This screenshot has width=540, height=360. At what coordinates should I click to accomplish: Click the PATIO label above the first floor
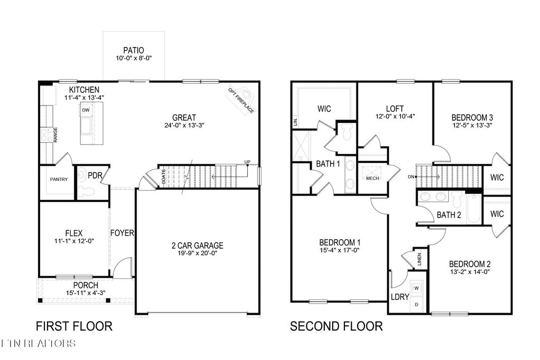pyautogui.click(x=133, y=50)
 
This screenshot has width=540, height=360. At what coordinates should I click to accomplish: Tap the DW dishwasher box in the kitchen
pyautogui.click(x=85, y=110)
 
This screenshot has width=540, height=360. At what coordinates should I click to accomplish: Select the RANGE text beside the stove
pyautogui.click(x=55, y=135)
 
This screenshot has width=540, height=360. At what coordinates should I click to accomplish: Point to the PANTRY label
pyautogui.click(x=59, y=179)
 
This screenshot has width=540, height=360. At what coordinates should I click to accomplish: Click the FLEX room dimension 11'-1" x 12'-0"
pyautogui.click(x=74, y=241)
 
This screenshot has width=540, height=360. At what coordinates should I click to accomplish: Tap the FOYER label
pyautogui.click(x=122, y=232)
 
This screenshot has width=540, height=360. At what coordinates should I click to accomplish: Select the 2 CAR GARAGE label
pyautogui.click(x=198, y=245)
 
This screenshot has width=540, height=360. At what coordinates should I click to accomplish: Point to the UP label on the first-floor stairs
pyautogui.click(x=247, y=161)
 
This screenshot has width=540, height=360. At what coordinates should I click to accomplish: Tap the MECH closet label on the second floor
pyautogui.click(x=372, y=178)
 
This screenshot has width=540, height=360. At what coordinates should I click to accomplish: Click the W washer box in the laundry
pyautogui.click(x=416, y=288)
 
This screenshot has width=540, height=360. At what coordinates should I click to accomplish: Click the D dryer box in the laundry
pyautogui.click(x=416, y=305)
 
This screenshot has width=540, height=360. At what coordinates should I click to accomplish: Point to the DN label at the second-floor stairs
pyautogui.click(x=411, y=177)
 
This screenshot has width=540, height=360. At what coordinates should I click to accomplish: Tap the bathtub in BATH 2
pyautogui.click(x=472, y=209)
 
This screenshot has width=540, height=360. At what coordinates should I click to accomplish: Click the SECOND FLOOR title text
pyautogui.click(x=336, y=326)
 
